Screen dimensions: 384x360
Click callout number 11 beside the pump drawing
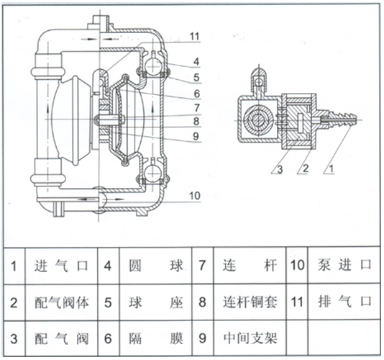click(x=195, y=37)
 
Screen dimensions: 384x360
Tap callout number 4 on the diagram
click(x=196, y=62)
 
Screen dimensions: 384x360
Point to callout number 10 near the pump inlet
click(x=195, y=196)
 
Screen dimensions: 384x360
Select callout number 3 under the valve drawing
click(x=280, y=169)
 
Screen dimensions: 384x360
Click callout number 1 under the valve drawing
click(x=331, y=168)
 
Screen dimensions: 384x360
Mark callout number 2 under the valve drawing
click(x=306, y=168)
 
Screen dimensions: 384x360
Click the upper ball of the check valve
click(x=152, y=65)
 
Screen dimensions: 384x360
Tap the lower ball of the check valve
click(x=152, y=173)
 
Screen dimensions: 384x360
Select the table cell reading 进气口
click(x=61, y=266)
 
